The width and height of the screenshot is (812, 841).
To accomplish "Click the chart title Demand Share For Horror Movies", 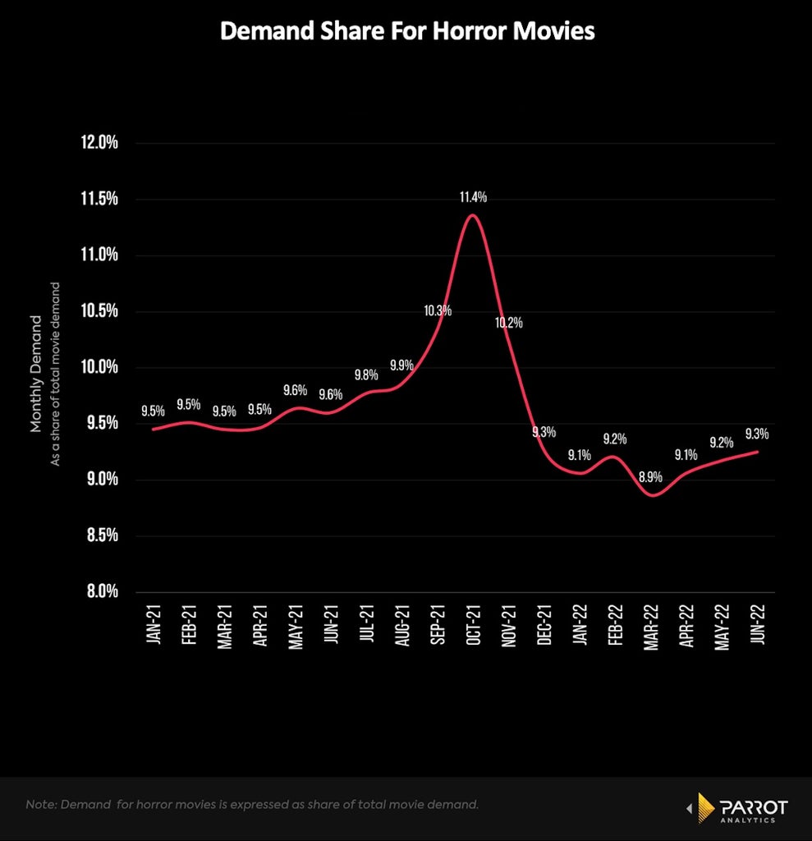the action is coord(407,31).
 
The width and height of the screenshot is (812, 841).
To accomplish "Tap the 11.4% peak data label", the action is coord(473,197).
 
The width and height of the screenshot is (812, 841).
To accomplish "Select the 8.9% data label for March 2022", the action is coord(650,477).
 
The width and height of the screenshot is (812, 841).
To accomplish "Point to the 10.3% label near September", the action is coord(438,310).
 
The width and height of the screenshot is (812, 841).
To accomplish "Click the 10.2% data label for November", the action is coord(508,322).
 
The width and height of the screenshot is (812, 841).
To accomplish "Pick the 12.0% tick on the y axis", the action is coord(99,143).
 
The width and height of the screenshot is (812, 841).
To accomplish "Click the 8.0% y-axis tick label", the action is coord(103,591).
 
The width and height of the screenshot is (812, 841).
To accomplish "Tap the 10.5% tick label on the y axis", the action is coord(99,310).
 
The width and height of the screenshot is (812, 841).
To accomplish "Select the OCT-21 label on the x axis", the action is coord(473,625).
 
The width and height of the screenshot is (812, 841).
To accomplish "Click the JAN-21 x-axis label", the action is coord(154,624).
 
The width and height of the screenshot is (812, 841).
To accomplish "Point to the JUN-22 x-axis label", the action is coord(757,624).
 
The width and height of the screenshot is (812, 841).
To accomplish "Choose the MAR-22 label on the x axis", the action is coord(650,627).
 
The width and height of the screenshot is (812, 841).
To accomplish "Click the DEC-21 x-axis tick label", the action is coord(544,625).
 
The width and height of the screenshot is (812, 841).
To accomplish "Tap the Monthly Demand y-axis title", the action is coord(35,374).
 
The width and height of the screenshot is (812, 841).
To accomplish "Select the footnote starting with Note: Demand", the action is coord(252,805).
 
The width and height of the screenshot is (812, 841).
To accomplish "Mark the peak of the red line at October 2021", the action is coord(473,215).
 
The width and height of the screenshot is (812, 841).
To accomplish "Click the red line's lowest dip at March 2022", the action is coord(653,495).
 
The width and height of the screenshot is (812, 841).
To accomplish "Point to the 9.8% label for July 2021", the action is coord(366,375).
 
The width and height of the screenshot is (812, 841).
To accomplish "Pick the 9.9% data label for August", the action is coord(401,365).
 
